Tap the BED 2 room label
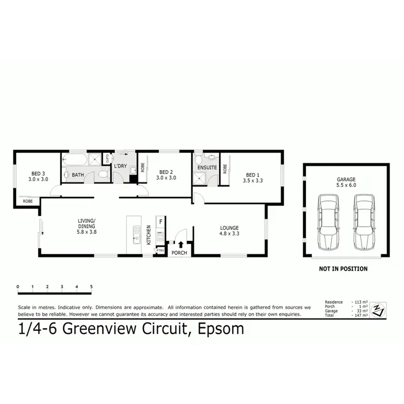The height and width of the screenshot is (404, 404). pyautogui.click(x=166, y=175)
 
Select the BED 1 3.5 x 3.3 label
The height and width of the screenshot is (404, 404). pyautogui.click(x=252, y=178)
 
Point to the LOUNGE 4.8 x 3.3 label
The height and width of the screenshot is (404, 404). pyautogui.click(x=229, y=231)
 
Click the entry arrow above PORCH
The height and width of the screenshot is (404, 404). pyautogui.click(x=180, y=246)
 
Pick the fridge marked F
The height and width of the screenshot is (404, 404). pyautogui.click(x=160, y=221)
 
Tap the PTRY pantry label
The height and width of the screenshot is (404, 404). pyautogui.click(x=160, y=250)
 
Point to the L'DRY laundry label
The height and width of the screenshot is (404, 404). pyautogui.click(x=120, y=166)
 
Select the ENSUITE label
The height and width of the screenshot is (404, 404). pyautogui.click(x=207, y=168)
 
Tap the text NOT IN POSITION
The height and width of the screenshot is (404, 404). pyautogui.click(x=343, y=268)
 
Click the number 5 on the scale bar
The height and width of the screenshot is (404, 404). pyautogui.click(x=92, y=287)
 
